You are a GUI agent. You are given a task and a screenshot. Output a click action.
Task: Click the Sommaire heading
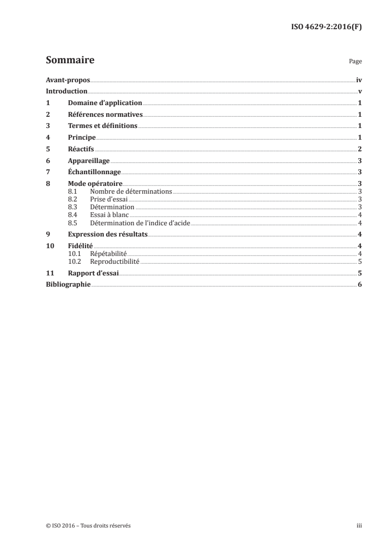[70, 60]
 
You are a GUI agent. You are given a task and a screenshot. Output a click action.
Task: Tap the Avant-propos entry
[68, 80]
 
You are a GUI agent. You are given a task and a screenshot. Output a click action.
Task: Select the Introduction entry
[66, 91]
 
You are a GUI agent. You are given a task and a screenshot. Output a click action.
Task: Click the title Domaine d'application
[105, 103]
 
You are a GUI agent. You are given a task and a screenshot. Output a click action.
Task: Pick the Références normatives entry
[105, 115]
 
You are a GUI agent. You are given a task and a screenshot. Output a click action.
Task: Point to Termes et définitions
[103, 126]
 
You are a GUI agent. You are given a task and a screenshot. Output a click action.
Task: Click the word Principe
[82, 138]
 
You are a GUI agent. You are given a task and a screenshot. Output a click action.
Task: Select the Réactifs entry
[81, 149]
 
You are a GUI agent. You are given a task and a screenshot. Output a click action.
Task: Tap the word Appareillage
[89, 161]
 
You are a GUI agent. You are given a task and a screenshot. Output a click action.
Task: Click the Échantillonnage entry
[94, 172]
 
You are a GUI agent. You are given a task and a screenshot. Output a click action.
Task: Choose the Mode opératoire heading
[95, 184]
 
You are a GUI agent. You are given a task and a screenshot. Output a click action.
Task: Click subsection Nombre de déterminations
[131, 192]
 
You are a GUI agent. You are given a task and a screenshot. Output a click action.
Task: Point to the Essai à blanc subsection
[109, 215]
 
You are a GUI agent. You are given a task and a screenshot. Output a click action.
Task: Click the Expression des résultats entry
[108, 234]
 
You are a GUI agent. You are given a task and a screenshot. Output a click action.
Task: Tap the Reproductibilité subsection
[115, 261]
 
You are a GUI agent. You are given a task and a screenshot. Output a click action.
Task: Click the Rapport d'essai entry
[93, 273]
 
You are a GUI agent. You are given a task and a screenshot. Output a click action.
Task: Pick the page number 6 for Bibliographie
[359, 285]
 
